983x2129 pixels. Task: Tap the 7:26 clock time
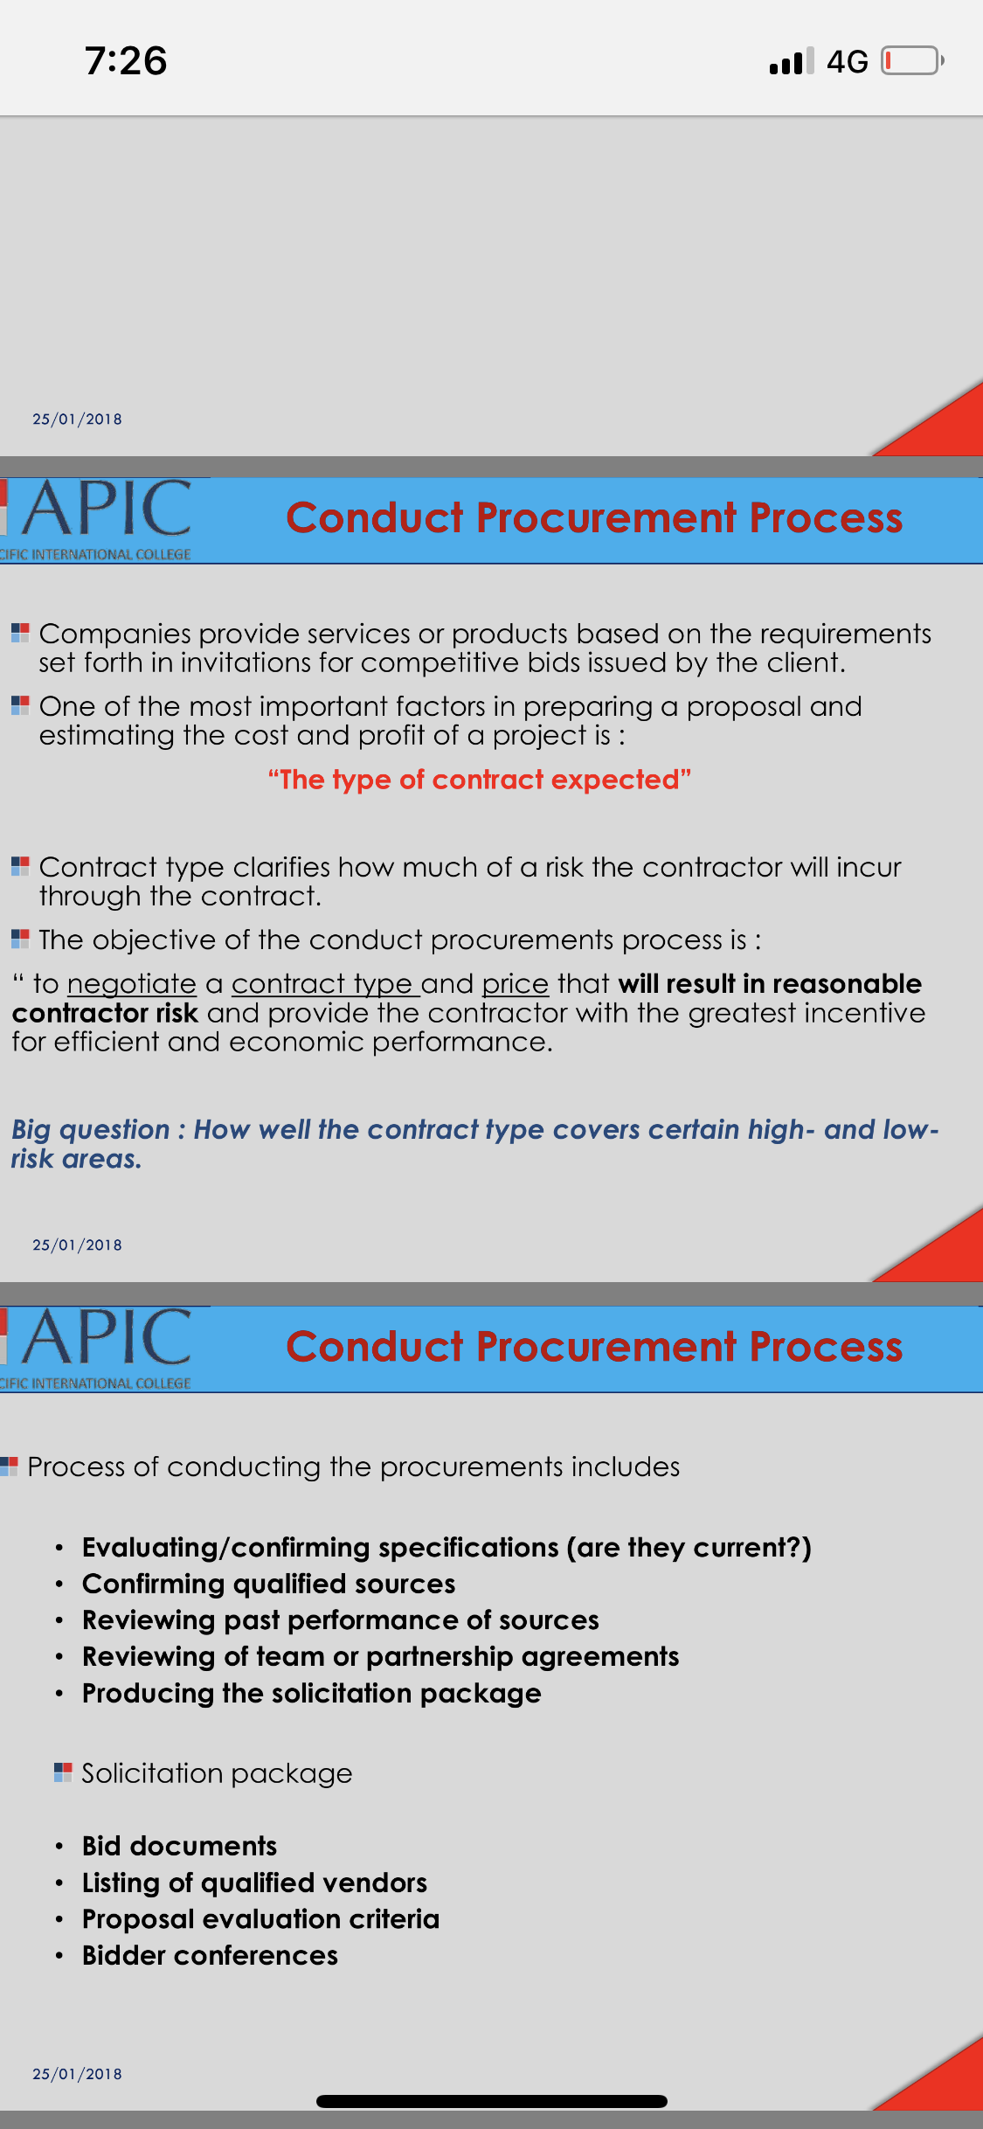126,61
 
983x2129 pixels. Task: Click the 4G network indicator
847,62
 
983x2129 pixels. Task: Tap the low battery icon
912,61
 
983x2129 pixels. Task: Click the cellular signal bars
792,61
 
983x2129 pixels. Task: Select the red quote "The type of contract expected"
480,780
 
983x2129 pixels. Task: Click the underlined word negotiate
132,984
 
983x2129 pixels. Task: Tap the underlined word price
516,984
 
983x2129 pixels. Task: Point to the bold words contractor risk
105,1013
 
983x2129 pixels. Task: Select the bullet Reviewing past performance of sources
341,1620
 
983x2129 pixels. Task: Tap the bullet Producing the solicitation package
312,1694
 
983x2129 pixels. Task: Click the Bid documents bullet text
179,1846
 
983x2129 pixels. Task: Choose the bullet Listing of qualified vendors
254,1883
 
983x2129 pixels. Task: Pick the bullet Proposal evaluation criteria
260,1919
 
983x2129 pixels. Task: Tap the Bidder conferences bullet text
210,1956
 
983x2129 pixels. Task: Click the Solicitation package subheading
217,1773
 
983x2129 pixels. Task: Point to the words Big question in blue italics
91,1130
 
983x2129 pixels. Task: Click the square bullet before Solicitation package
63,1772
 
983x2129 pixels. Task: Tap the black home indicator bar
492,2101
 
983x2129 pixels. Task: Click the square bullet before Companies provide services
20,633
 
